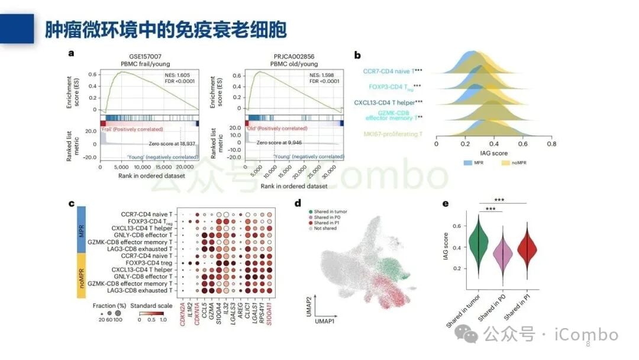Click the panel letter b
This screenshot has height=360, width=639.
tap(357, 55)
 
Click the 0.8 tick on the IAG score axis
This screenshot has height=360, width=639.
tap(551, 143)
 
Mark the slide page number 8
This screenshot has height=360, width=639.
tap(588, 345)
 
